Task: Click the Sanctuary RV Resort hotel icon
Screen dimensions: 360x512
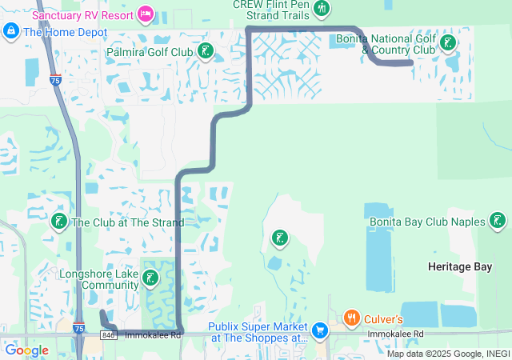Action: (x=145, y=13)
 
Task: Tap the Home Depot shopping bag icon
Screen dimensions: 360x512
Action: (x=11, y=31)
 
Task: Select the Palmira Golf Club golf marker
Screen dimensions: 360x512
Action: (x=206, y=52)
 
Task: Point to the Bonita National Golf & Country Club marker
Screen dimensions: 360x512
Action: (x=449, y=43)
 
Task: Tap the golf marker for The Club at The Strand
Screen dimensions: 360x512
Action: (x=58, y=222)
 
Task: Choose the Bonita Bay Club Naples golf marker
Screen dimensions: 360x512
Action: (x=498, y=221)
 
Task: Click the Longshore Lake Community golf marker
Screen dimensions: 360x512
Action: (x=149, y=278)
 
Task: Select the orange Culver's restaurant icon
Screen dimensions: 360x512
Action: (x=351, y=318)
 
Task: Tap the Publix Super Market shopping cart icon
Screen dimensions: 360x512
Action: (x=320, y=330)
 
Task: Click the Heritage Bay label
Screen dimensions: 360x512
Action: (x=460, y=266)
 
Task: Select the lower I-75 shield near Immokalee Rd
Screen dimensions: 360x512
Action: (x=78, y=328)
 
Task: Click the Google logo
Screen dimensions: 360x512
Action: (x=26, y=350)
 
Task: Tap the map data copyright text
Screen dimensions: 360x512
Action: (x=448, y=354)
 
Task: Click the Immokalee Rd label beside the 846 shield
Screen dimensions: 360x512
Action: (x=154, y=334)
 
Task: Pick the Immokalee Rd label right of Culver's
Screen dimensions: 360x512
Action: (x=395, y=334)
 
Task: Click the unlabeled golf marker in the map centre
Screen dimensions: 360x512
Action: (x=279, y=237)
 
